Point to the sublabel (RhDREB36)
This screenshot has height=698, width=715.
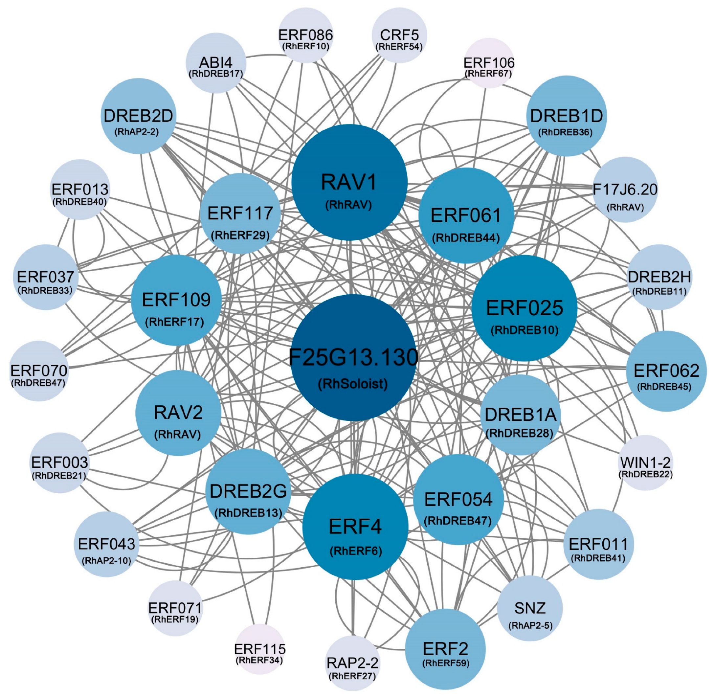pyautogui.click(x=565, y=132)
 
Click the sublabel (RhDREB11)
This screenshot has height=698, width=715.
pyautogui.click(x=659, y=291)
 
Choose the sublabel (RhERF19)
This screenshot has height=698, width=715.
pyautogui.click(x=175, y=619)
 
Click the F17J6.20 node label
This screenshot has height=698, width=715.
pyautogui.click(x=625, y=190)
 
